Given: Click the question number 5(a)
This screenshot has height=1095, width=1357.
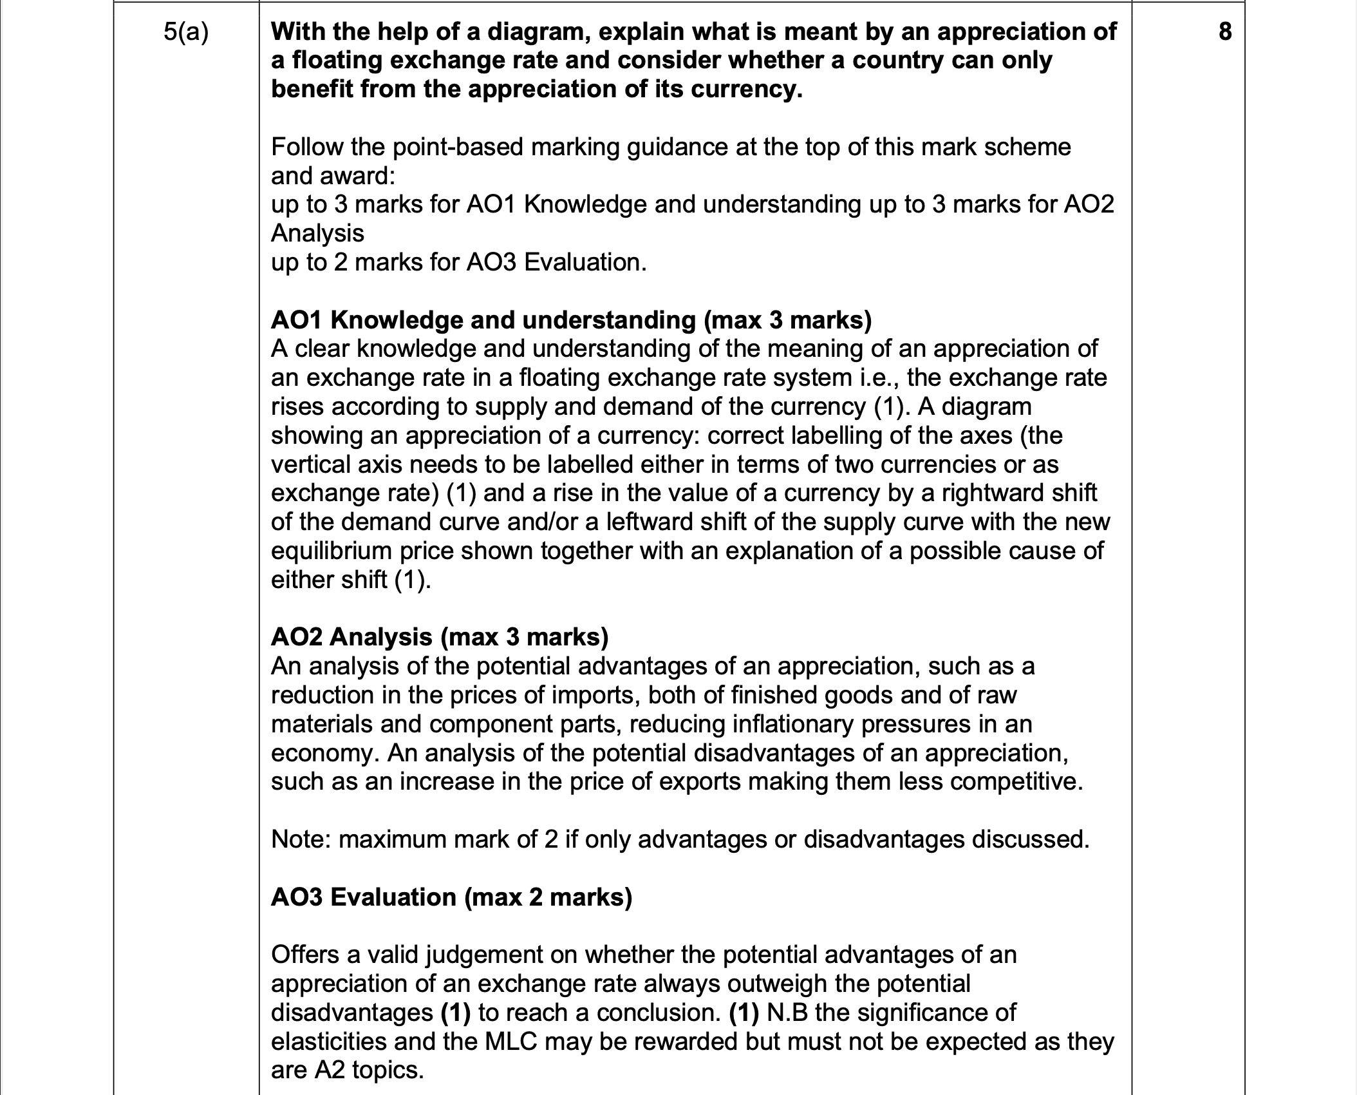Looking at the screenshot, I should (185, 32).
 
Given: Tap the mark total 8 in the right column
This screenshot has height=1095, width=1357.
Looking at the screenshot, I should (1225, 32).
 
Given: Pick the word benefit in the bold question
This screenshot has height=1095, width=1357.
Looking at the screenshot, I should (311, 89).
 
